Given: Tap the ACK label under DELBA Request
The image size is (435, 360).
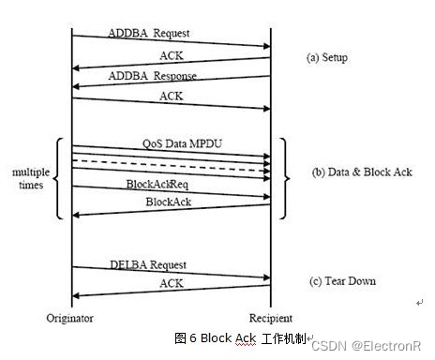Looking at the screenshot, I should click(x=171, y=282).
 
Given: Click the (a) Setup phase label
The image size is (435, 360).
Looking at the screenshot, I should click(x=327, y=57).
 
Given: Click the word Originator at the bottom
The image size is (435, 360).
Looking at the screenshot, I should click(x=71, y=318).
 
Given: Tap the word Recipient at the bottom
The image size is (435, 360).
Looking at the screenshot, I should click(x=271, y=318).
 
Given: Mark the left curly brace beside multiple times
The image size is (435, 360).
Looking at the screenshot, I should click(x=61, y=179).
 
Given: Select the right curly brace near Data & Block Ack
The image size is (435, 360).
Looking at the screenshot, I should click(x=284, y=176).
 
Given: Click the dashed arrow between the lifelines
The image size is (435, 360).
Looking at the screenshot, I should click(x=169, y=161).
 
